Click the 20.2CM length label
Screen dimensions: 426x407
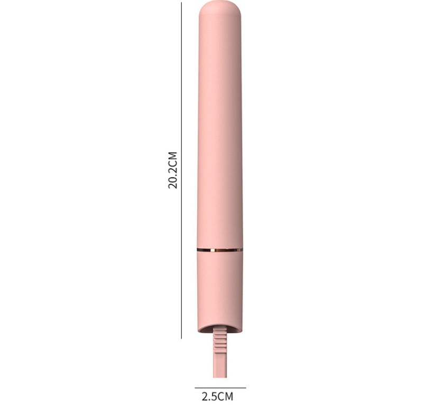click(173, 170)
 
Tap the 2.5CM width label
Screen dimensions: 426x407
click(218, 396)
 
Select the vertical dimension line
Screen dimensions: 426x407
click(181, 171)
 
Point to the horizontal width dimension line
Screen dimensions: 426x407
click(220, 388)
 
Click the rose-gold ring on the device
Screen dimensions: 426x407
click(220, 250)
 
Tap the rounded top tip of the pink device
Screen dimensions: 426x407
click(220, 7)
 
